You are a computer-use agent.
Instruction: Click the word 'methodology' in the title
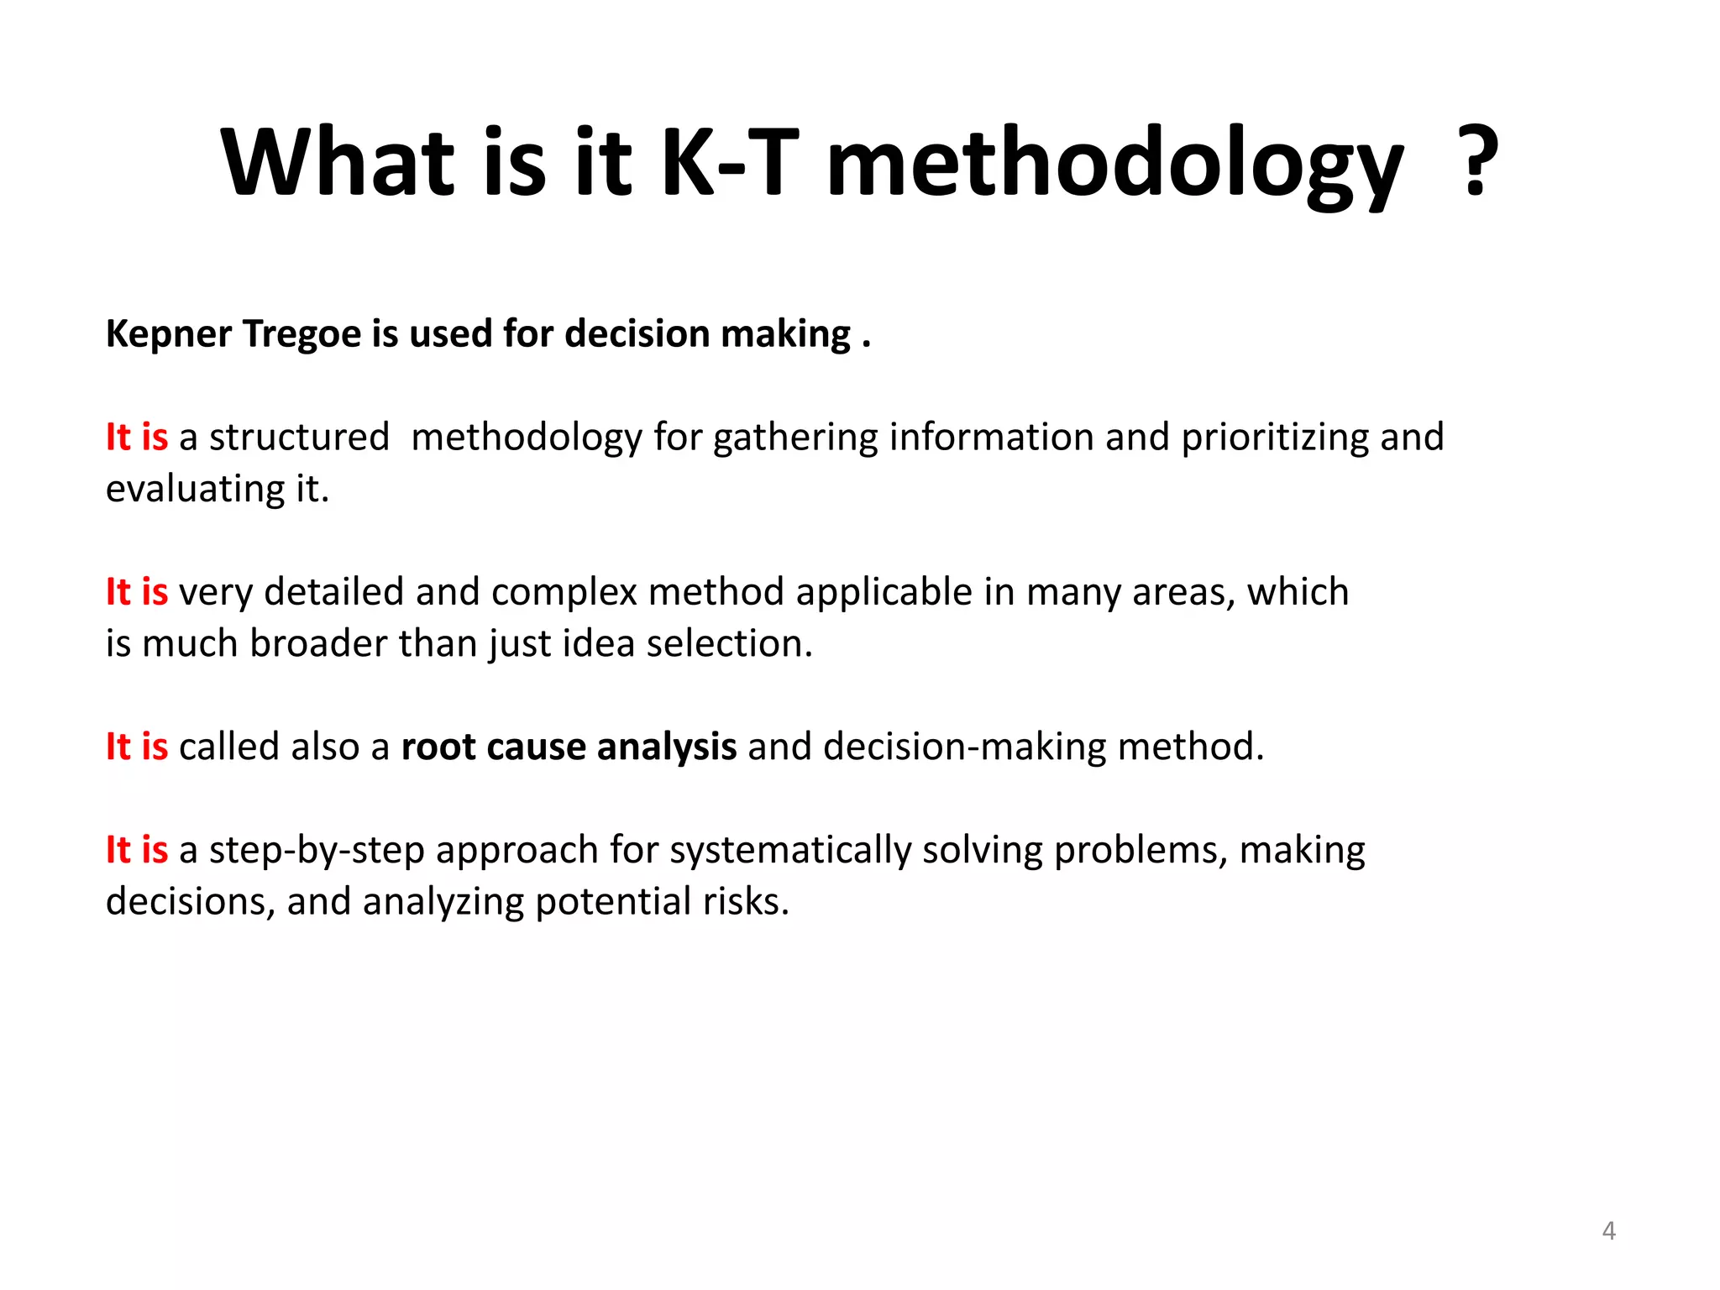[x=1114, y=164]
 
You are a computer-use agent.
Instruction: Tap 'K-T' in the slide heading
[x=729, y=161]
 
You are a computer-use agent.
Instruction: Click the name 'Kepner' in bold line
[x=169, y=334]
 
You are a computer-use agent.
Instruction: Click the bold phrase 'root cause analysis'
[x=569, y=747]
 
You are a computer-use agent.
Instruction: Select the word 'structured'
[x=299, y=438]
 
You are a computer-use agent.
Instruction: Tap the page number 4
[x=1608, y=1231]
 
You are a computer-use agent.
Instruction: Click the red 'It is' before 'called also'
[x=137, y=747]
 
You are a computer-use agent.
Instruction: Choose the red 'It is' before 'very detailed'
[x=137, y=592]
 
